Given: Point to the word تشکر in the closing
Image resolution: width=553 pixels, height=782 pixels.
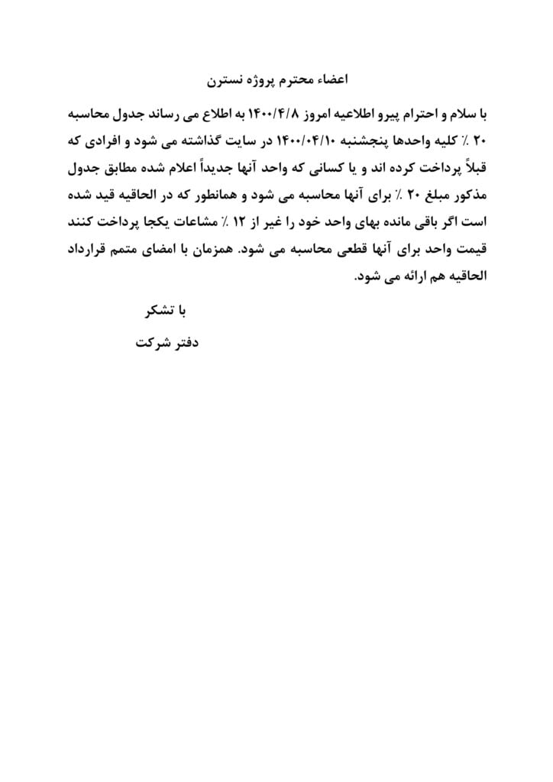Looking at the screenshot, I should (x=154, y=312).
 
